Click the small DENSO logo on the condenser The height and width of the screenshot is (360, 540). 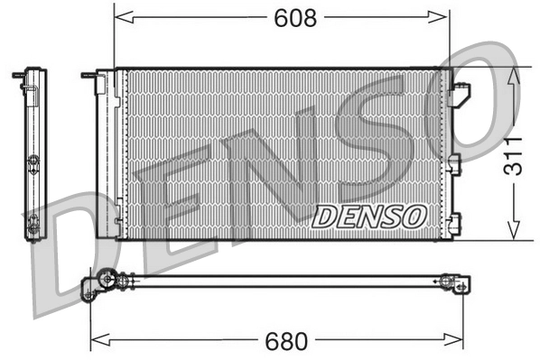pyautogui.click(x=370, y=217)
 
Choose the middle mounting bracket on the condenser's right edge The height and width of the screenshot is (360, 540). pyautogui.click(x=454, y=163)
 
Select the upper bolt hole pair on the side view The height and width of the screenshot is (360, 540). pyautogui.click(x=33, y=163)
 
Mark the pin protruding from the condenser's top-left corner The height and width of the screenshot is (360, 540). pyautogui.click(x=88, y=75)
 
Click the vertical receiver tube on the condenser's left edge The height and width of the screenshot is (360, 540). pyautogui.click(x=105, y=153)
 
